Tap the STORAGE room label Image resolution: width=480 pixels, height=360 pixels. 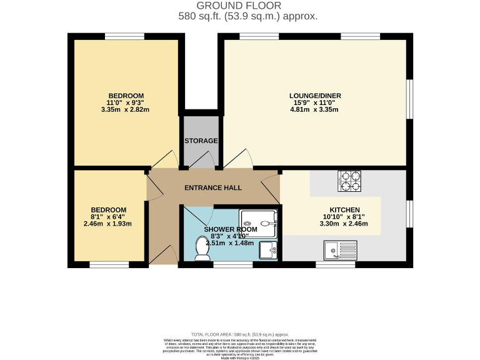(x=201, y=141)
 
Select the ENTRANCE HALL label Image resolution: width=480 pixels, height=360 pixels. (x=212, y=187)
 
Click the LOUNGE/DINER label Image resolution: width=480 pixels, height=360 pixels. (x=315, y=96)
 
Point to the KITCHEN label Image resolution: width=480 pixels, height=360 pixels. (x=346, y=210)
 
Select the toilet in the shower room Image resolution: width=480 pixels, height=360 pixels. (x=202, y=250)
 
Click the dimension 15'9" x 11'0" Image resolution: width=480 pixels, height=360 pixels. (x=315, y=102)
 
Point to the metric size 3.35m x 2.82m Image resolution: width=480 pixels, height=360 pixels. (x=127, y=109)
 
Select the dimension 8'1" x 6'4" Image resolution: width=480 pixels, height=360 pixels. (x=108, y=217)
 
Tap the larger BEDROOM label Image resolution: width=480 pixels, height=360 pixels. (x=127, y=96)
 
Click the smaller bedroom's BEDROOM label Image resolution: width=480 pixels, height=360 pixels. (x=108, y=210)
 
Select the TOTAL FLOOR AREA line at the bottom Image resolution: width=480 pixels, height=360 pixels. (x=239, y=335)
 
